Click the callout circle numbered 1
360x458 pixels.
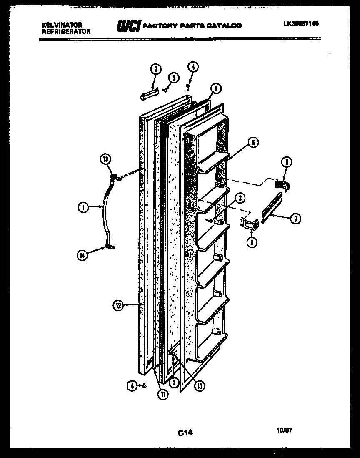(x=83, y=206)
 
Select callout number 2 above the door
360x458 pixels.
(x=155, y=70)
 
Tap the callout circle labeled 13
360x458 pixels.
(x=106, y=159)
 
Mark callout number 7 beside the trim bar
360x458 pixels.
(x=295, y=219)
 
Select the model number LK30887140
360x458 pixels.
(x=301, y=24)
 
